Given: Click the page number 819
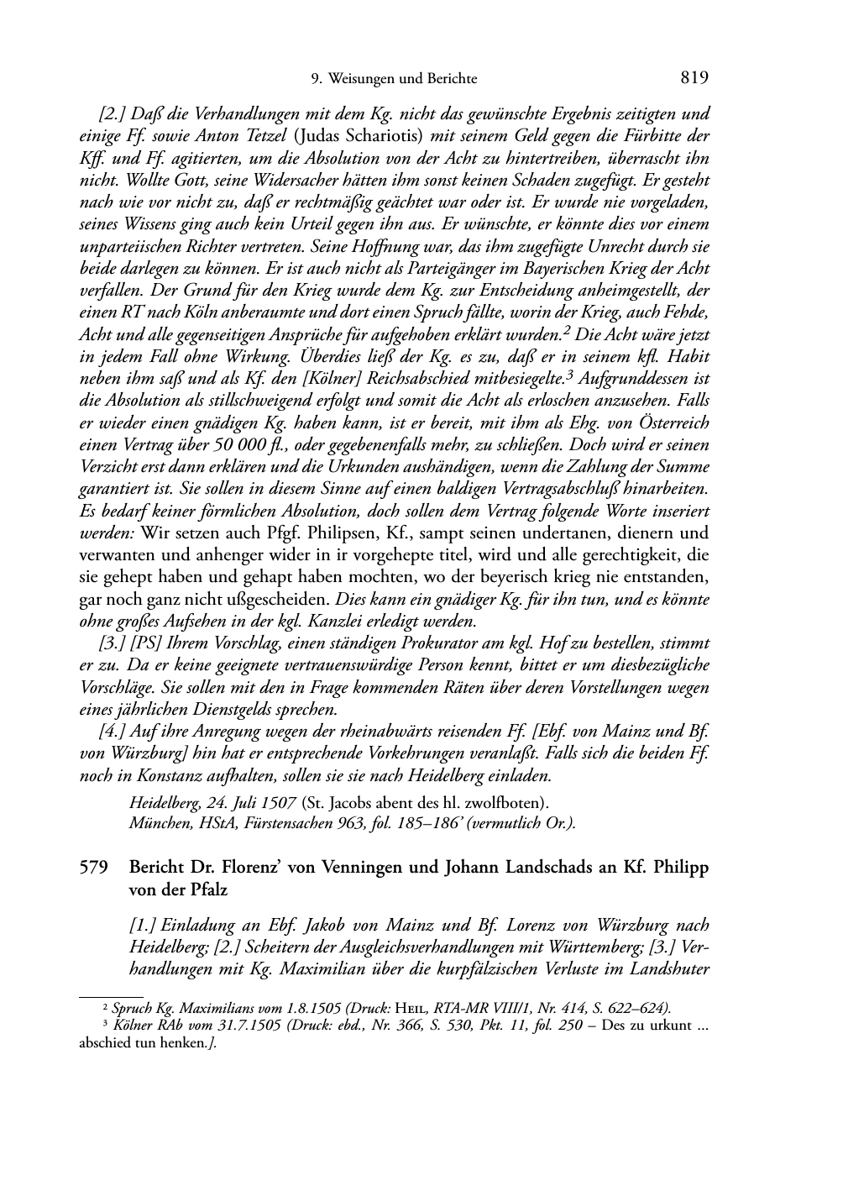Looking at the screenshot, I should pos(695,78).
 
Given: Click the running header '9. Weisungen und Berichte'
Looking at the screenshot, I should pos(394,79).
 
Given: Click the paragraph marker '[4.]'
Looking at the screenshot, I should pos(115,732).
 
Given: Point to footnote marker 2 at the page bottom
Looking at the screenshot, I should pos(104,1008).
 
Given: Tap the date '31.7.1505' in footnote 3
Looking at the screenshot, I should pos(228,1025).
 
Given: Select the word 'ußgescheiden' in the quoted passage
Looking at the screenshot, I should pos(289,601).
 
